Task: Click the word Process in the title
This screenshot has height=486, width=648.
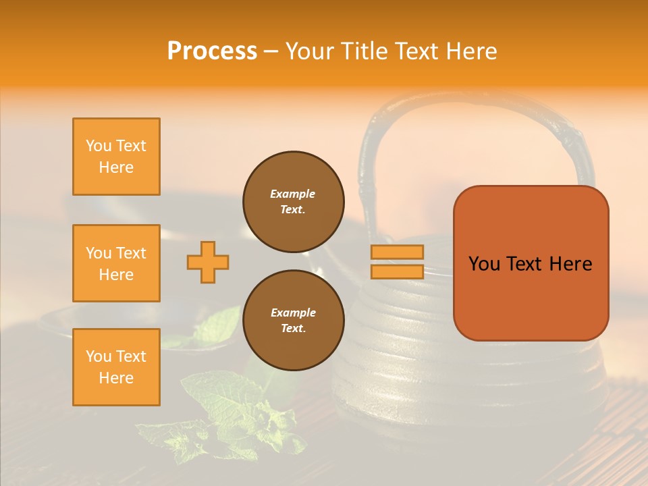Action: [x=212, y=51]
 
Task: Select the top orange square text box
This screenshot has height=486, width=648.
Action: [x=116, y=157]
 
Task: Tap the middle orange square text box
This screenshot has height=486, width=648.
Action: [x=116, y=263]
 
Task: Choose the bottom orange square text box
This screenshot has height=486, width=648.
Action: [x=116, y=367]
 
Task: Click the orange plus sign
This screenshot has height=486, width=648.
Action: [x=208, y=262]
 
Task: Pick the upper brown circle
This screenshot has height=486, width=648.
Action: [x=293, y=202]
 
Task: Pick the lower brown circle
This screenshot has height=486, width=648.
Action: [x=293, y=321]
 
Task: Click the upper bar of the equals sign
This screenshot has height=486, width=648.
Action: [x=397, y=252]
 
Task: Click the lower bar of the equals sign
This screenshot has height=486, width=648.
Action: [x=397, y=271]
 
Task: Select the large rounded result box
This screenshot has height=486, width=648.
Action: [x=531, y=263]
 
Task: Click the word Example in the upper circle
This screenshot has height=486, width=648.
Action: [x=293, y=194]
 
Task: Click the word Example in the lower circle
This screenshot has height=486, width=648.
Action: [x=293, y=313]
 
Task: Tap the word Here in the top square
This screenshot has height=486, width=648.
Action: [x=116, y=167]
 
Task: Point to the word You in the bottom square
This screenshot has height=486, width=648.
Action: [x=98, y=356]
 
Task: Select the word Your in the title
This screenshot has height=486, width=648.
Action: [x=309, y=51]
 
